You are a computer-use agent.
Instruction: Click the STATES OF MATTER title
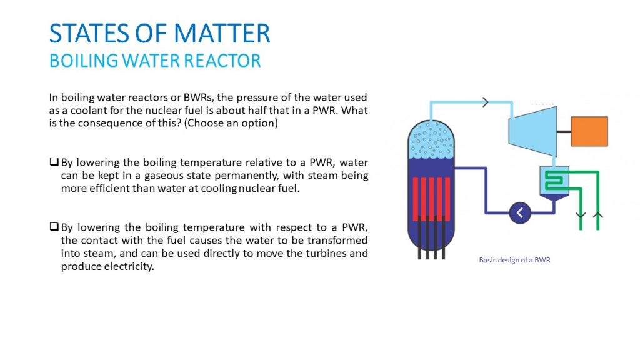coord(159,33)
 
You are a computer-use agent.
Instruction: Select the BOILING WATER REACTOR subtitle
coord(155,61)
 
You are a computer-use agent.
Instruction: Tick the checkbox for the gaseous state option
coord(54,162)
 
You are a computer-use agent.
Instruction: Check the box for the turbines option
coord(54,226)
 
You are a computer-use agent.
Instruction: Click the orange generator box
coord(589,131)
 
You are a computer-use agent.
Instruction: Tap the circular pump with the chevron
coord(520,212)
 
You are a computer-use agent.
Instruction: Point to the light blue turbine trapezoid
coord(532,131)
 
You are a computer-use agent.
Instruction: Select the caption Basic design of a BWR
coord(514,260)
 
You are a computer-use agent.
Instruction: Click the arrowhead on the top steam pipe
coord(485,102)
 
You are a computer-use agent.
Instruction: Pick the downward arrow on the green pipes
coord(581,215)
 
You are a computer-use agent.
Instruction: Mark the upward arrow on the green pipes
coord(597,215)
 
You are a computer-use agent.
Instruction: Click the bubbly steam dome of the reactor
coord(431,139)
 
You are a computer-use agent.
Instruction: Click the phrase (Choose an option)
coord(231,123)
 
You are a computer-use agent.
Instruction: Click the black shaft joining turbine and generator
coord(564,131)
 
